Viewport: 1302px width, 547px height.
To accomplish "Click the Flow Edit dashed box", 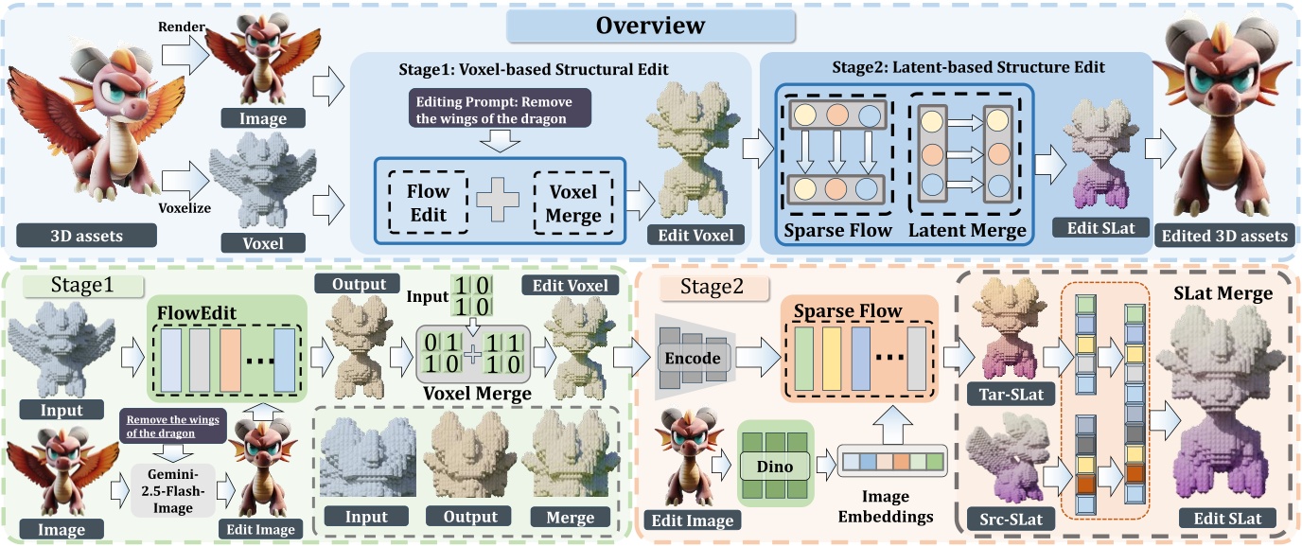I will click(x=429, y=203).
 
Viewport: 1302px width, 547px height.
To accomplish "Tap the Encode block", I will click(x=693, y=358).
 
